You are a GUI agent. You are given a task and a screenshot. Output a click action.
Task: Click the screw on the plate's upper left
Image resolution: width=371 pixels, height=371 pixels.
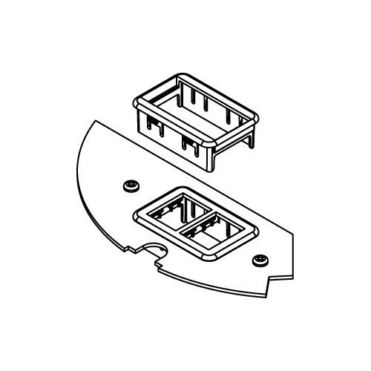[x=132, y=183]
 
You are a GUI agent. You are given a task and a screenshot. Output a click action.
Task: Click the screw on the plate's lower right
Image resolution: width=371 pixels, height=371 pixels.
[x=260, y=259]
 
